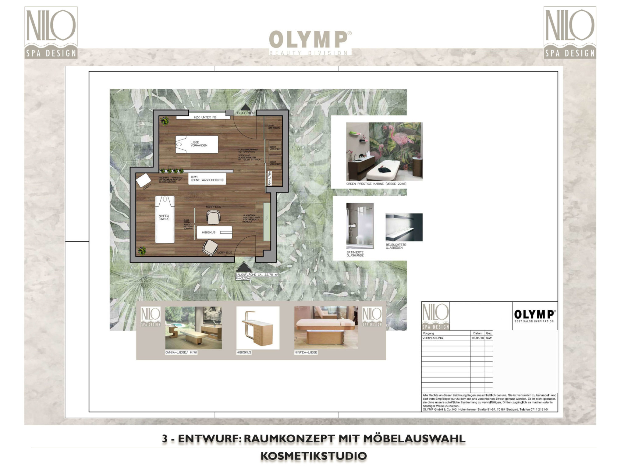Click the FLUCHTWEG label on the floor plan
point(245,113)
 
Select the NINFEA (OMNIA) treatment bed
point(165,219)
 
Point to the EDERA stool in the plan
point(144,180)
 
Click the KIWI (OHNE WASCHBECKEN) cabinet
point(207,179)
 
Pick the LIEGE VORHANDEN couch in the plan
point(197,144)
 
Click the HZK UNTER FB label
point(205,117)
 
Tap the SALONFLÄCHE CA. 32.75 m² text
point(256,275)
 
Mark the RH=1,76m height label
point(269,178)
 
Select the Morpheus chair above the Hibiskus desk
point(213,217)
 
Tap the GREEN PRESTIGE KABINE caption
point(376,184)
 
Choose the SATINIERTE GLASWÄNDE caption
point(355,254)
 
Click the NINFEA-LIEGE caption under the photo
point(306,353)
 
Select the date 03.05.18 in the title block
point(477,338)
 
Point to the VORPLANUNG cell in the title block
point(433,338)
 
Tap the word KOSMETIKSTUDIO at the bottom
point(314,456)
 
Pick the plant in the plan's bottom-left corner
point(142,251)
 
